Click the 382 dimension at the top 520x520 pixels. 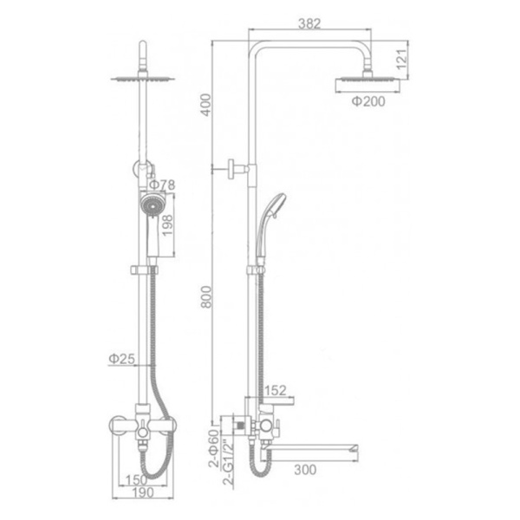pyautogui.click(x=309, y=23)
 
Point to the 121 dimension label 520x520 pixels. pyautogui.click(x=401, y=59)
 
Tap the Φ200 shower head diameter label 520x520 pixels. pyautogui.click(x=368, y=101)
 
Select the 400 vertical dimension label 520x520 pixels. pyautogui.click(x=206, y=105)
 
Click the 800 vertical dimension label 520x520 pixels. pyautogui.click(x=206, y=296)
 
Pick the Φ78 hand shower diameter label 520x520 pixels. pyautogui.click(x=161, y=185)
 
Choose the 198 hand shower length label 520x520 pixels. pyautogui.click(x=167, y=225)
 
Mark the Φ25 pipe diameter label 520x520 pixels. pyautogui.click(x=122, y=359)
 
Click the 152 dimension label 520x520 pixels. pyautogui.click(x=276, y=390)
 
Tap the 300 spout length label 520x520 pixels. pyautogui.click(x=305, y=470)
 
